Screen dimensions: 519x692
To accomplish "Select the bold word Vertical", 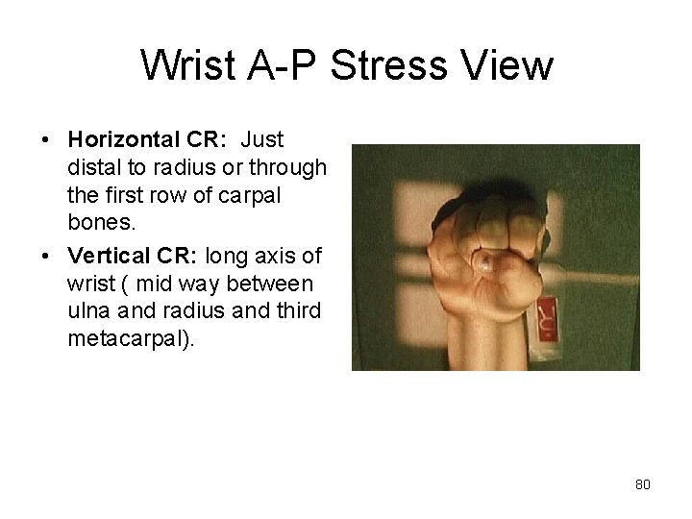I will click(105, 257).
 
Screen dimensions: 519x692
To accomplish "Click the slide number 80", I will click(642, 484).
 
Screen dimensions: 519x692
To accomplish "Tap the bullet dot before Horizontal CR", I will click(46, 141).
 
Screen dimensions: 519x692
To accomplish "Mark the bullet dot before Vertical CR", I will click(46, 258).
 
